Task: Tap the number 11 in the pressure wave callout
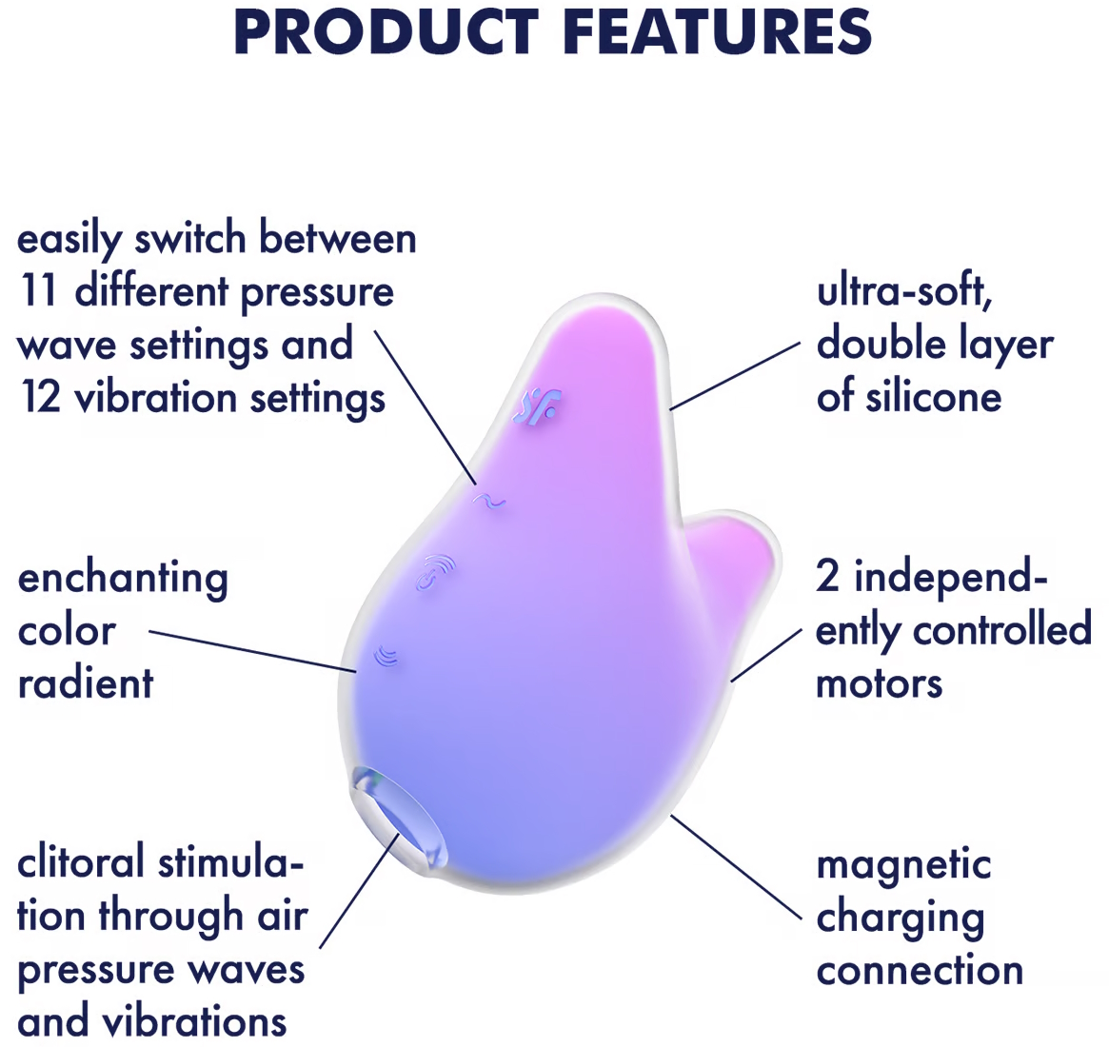[38, 290]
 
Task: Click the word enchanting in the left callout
[123, 580]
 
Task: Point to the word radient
[86, 682]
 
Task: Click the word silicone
[909, 397]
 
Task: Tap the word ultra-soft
[904, 292]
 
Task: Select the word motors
[880, 684]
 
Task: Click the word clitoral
[84, 862]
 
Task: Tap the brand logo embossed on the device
[538, 407]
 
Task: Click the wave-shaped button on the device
[489, 501]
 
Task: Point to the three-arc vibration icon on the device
[386, 656]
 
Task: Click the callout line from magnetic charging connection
[736, 868]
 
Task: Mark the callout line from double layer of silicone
[736, 376]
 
